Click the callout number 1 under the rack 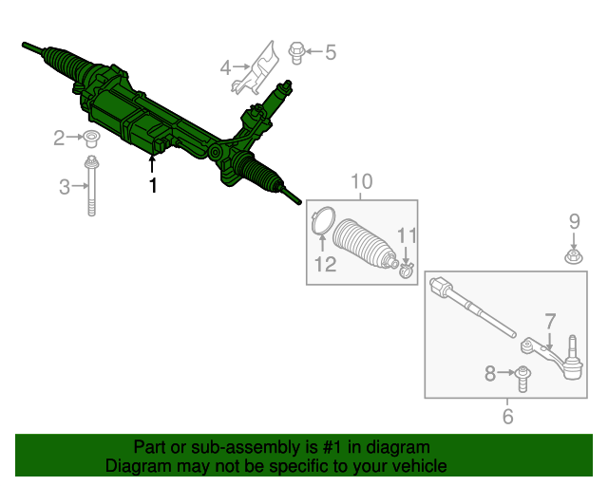(153, 185)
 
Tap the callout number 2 (59, 138)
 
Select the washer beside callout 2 (91, 139)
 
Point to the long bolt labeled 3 (91, 186)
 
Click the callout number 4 (225, 67)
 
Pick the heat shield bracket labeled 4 (256, 68)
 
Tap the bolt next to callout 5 (296, 53)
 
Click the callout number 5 (331, 52)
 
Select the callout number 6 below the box (507, 417)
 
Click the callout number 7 (550, 321)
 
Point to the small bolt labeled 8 (522, 378)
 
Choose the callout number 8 (490, 374)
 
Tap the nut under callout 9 (574, 256)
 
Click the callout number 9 (574, 222)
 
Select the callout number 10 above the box (362, 181)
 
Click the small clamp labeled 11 (407, 270)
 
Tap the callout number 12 (325, 264)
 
